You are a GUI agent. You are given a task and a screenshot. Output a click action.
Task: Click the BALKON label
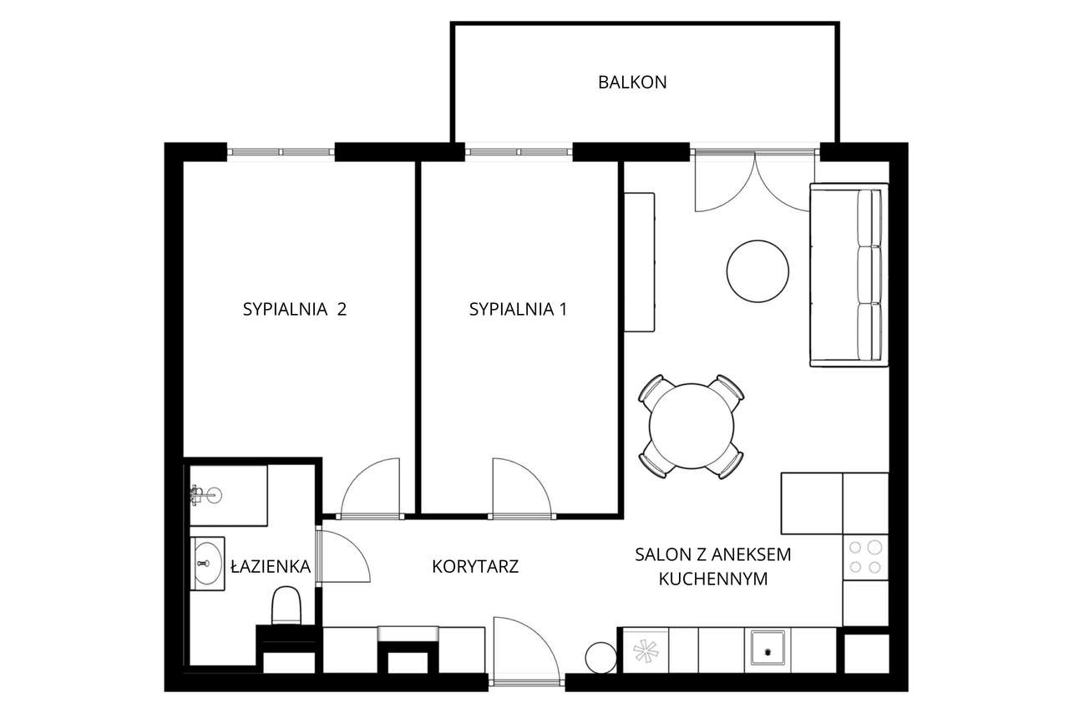click(632, 82)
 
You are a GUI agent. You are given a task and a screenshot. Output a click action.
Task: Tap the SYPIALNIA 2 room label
click(294, 310)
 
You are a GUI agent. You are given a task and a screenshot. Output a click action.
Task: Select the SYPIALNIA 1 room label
click(518, 310)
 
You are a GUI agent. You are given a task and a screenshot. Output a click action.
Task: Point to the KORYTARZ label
click(475, 567)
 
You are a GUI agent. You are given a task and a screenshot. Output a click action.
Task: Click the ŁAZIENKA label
click(270, 567)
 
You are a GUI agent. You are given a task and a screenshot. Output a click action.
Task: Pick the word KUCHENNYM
click(712, 579)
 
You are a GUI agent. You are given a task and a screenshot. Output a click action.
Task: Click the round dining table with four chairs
click(692, 426)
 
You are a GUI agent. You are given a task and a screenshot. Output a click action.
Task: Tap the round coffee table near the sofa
click(757, 271)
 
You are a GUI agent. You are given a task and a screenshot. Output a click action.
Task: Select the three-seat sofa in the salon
click(847, 275)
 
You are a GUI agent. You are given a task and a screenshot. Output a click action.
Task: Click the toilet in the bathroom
click(286, 605)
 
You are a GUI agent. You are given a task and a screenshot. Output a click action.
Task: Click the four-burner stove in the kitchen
click(864, 557)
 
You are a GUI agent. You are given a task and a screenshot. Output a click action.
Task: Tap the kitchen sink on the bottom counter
click(766, 648)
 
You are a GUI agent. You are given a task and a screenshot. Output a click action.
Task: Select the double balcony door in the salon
click(754, 180)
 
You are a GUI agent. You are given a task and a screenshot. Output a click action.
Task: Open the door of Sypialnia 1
click(521, 488)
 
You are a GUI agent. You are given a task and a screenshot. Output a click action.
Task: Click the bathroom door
click(342, 557)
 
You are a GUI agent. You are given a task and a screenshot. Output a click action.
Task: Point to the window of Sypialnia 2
click(281, 152)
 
